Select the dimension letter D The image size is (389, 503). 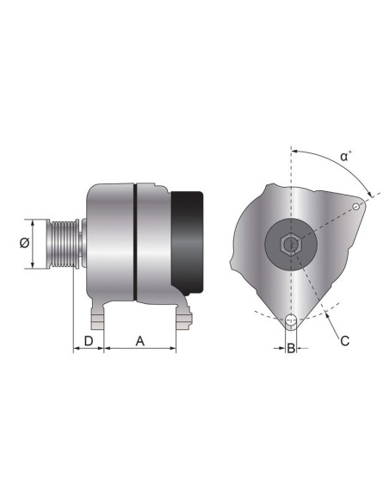88,341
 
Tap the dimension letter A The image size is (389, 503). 139,341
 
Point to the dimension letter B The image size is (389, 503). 292,349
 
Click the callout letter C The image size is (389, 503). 344,340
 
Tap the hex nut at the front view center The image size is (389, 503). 292,245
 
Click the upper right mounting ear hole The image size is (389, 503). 359,206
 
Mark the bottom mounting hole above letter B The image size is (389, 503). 292,323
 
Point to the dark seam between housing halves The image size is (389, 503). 135,243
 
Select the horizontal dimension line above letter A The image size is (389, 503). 139,350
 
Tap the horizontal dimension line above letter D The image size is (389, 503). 88,350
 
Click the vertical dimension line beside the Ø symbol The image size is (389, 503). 34,243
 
